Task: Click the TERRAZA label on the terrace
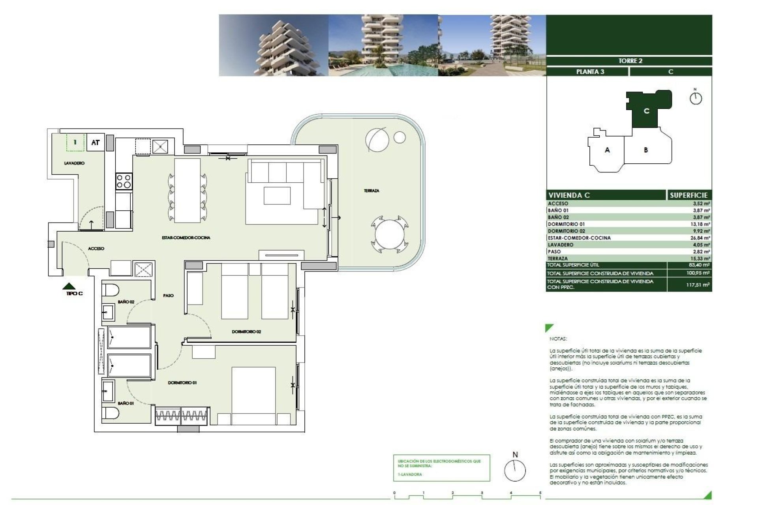pos(371,191)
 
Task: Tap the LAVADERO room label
pos(74,163)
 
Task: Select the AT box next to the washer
pos(95,142)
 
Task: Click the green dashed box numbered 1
pos(75,142)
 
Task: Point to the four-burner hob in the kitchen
pos(124,181)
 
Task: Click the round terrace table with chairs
pos(390,236)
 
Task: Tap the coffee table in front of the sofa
pos(277,196)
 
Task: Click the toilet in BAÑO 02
pos(110,290)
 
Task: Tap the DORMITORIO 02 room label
pos(246,332)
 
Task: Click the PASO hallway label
pos(168,296)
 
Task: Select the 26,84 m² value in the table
pos(701,238)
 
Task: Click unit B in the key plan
pos(646,150)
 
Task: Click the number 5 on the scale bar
pos(540,493)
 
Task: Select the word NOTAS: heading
pos(558,339)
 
